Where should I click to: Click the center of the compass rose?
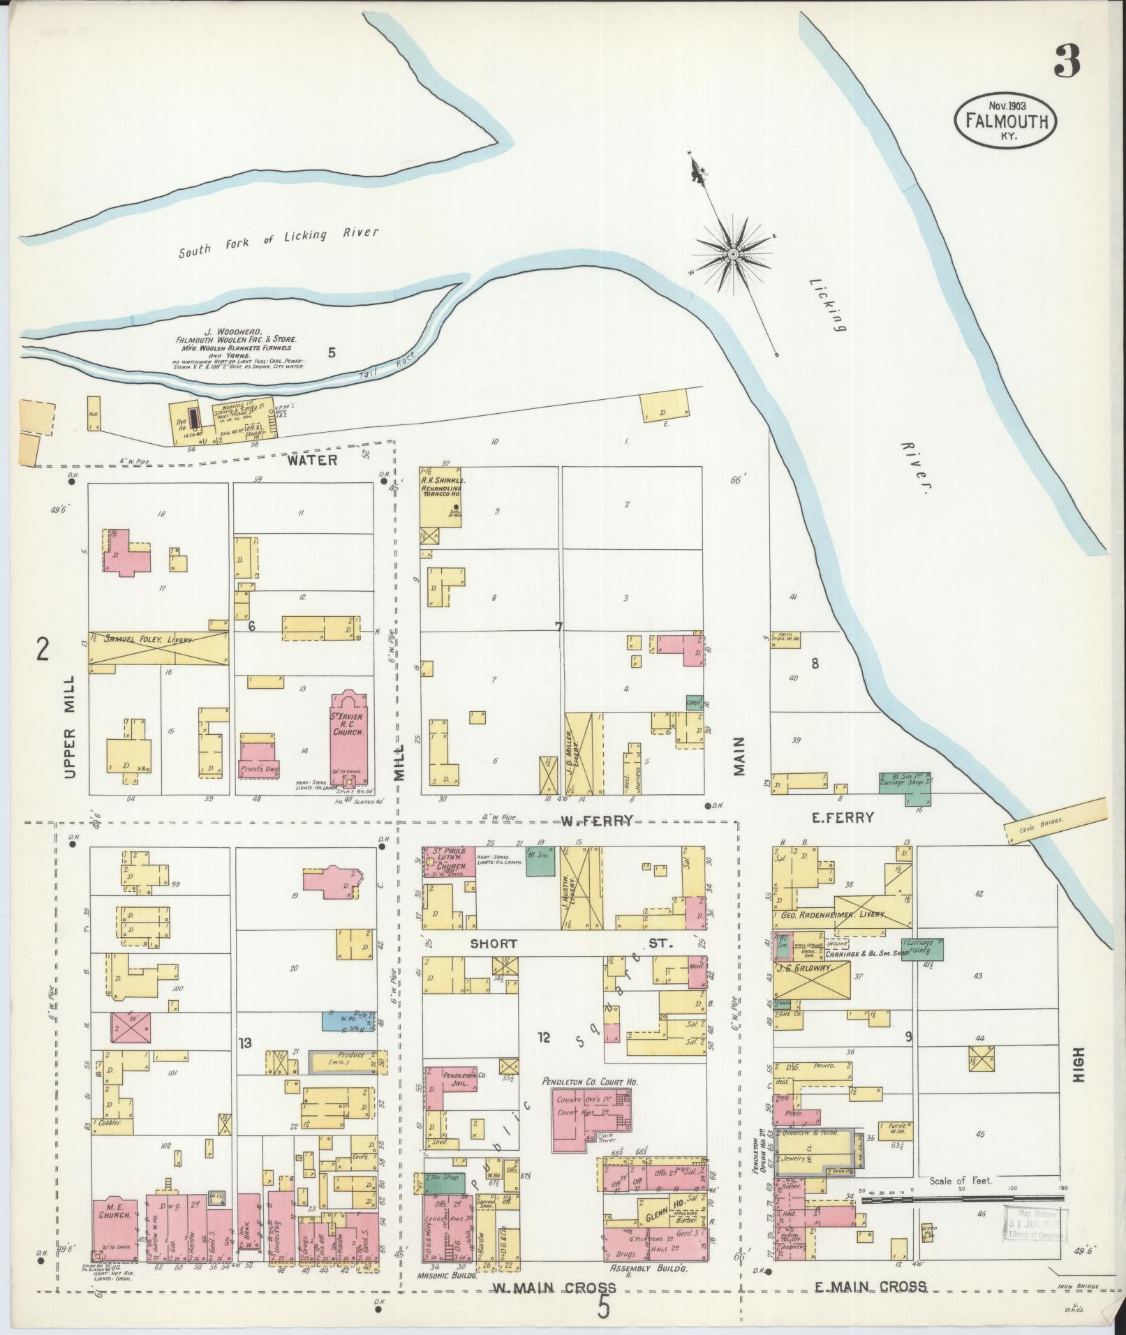click(x=734, y=254)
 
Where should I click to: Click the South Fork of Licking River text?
click(x=278, y=243)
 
